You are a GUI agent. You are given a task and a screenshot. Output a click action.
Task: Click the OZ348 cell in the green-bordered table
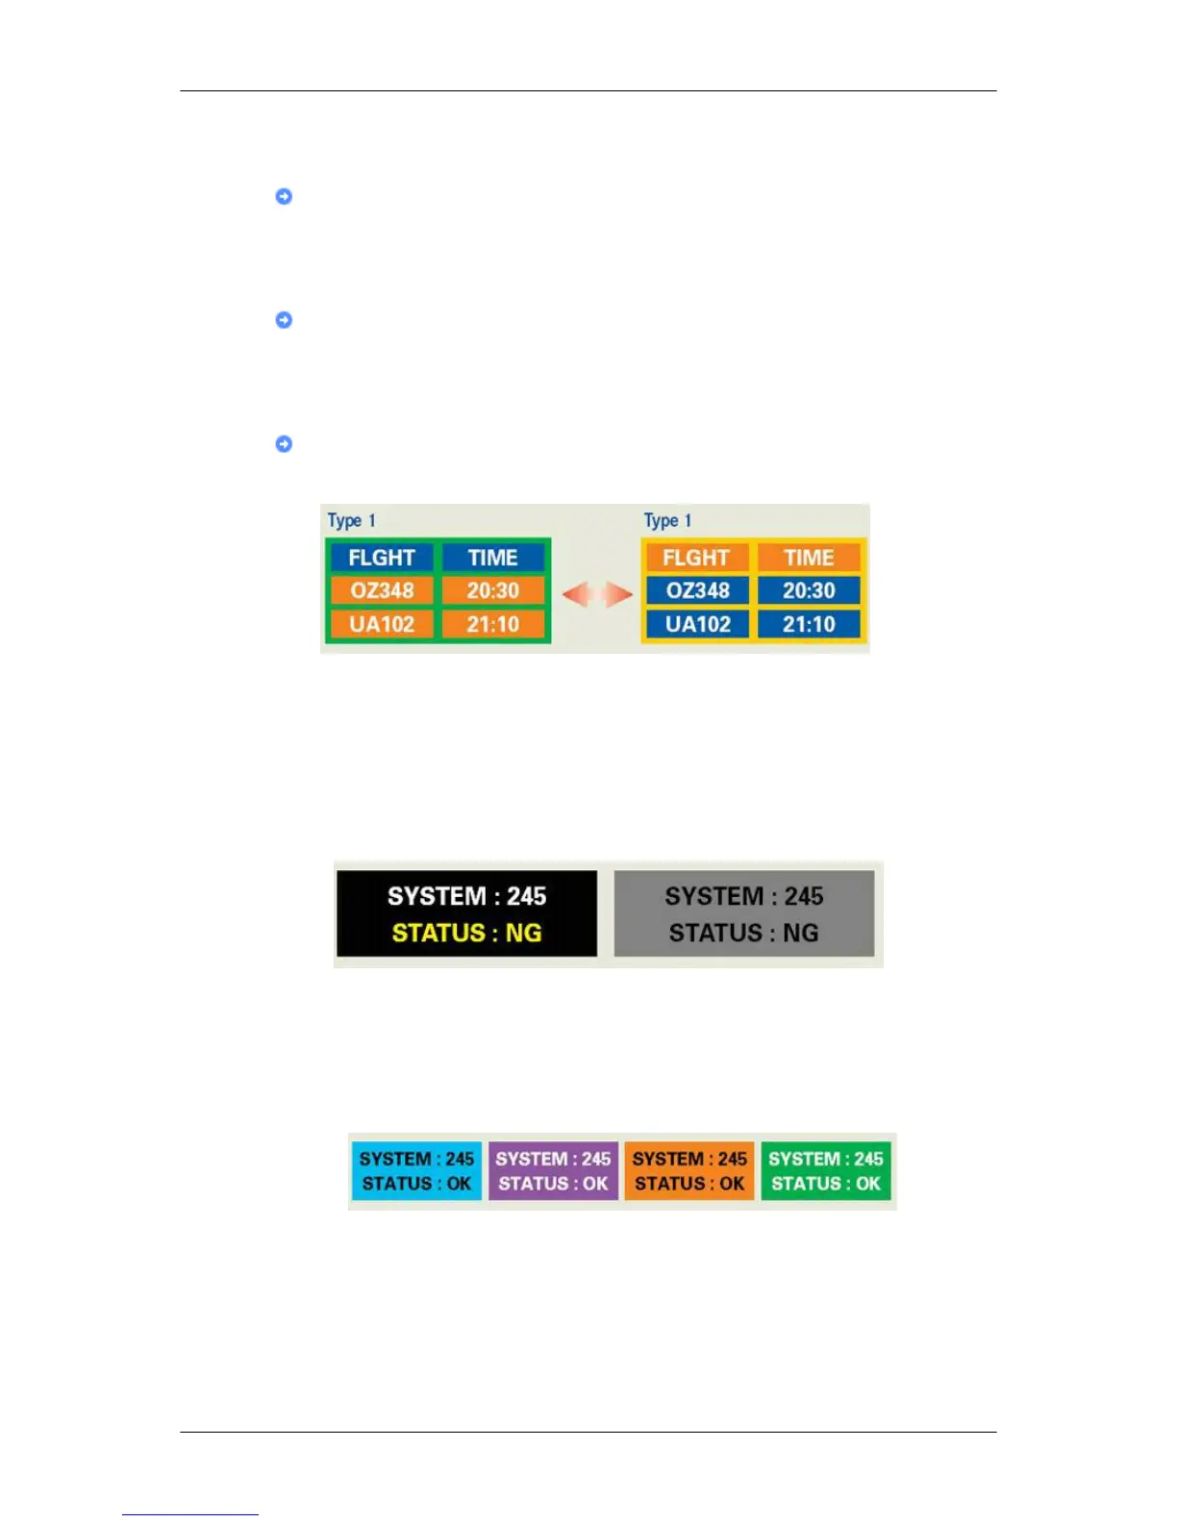pyautogui.click(x=382, y=590)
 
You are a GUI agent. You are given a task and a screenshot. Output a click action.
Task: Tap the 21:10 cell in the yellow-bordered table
pyautogui.click(x=809, y=624)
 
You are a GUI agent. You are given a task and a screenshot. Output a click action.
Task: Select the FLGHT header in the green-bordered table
pyautogui.click(x=382, y=558)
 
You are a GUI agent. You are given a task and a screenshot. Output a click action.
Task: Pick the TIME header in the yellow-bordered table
pyautogui.click(x=809, y=558)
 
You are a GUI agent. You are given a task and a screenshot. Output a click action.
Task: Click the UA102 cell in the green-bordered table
pyautogui.click(x=382, y=624)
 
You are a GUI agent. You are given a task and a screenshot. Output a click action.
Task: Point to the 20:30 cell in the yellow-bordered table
pyautogui.click(x=809, y=590)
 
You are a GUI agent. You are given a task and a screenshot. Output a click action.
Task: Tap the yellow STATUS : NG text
pyautogui.click(x=466, y=933)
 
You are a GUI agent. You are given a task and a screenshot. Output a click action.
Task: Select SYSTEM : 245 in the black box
pyautogui.click(x=466, y=896)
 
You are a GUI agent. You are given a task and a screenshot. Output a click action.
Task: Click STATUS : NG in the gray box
pyautogui.click(x=743, y=933)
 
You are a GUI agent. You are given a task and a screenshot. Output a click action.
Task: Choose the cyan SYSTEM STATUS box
pyautogui.click(x=416, y=1171)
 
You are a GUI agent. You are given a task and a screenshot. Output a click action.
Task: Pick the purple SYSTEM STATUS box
pyautogui.click(x=553, y=1171)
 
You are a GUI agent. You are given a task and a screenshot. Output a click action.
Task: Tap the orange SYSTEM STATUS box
pyautogui.click(x=689, y=1171)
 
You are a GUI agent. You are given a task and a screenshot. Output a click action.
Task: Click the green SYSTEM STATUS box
pyautogui.click(x=826, y=1171)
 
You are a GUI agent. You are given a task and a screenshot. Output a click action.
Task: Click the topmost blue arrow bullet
pyautogui.click(x=284, y=196)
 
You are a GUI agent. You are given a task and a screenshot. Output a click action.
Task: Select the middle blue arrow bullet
pyautogui.click(x=284, y=320)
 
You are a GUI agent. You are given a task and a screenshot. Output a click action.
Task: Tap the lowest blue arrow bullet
pyautogui.click(x=284, y=444)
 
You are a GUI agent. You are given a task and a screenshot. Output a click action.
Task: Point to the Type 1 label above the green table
pyautogui.click(x=351, y=520)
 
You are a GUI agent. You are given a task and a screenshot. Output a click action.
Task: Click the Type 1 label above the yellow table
pyautogui.click(x=667, y=520)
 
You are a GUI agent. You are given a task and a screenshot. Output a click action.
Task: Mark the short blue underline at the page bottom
pyautogui.click(x=190, y=1514)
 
